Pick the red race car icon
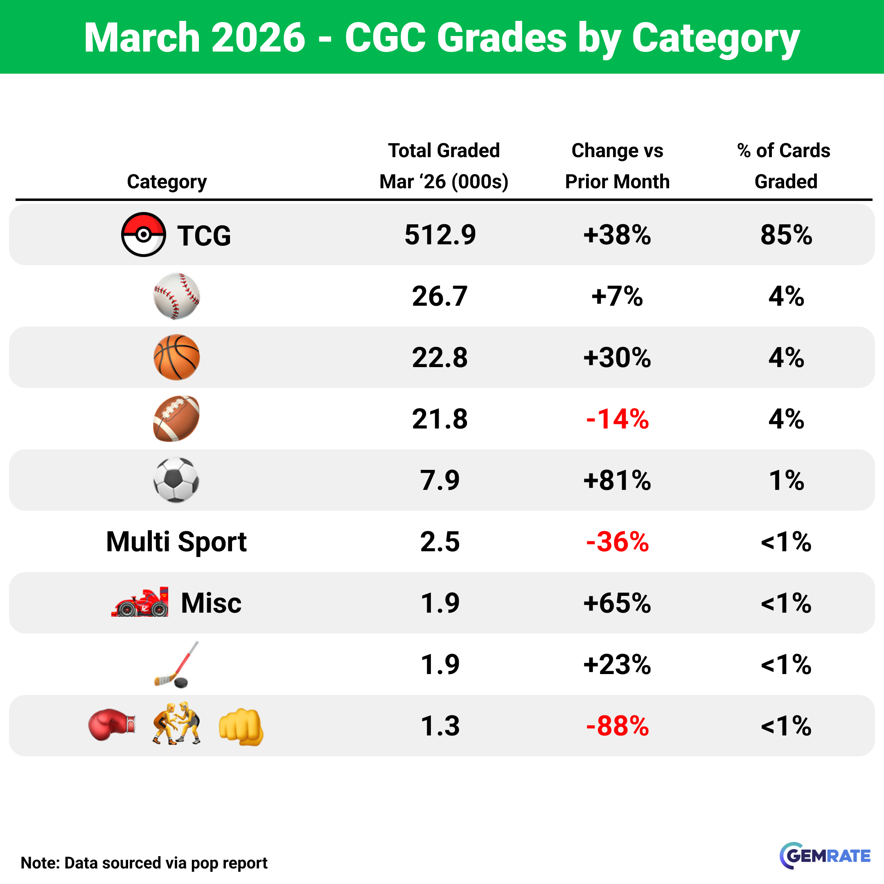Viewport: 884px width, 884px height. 140,602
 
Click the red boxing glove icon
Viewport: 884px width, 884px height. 112,725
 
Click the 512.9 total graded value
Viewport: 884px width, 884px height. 440,235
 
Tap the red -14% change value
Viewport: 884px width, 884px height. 617,419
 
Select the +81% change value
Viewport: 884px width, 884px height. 617,480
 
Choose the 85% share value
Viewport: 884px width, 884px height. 786,235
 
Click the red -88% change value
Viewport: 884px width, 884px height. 617,726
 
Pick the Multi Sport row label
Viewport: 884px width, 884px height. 177,542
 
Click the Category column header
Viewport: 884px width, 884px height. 167,182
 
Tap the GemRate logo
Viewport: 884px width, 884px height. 825,856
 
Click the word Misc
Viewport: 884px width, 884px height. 211,603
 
